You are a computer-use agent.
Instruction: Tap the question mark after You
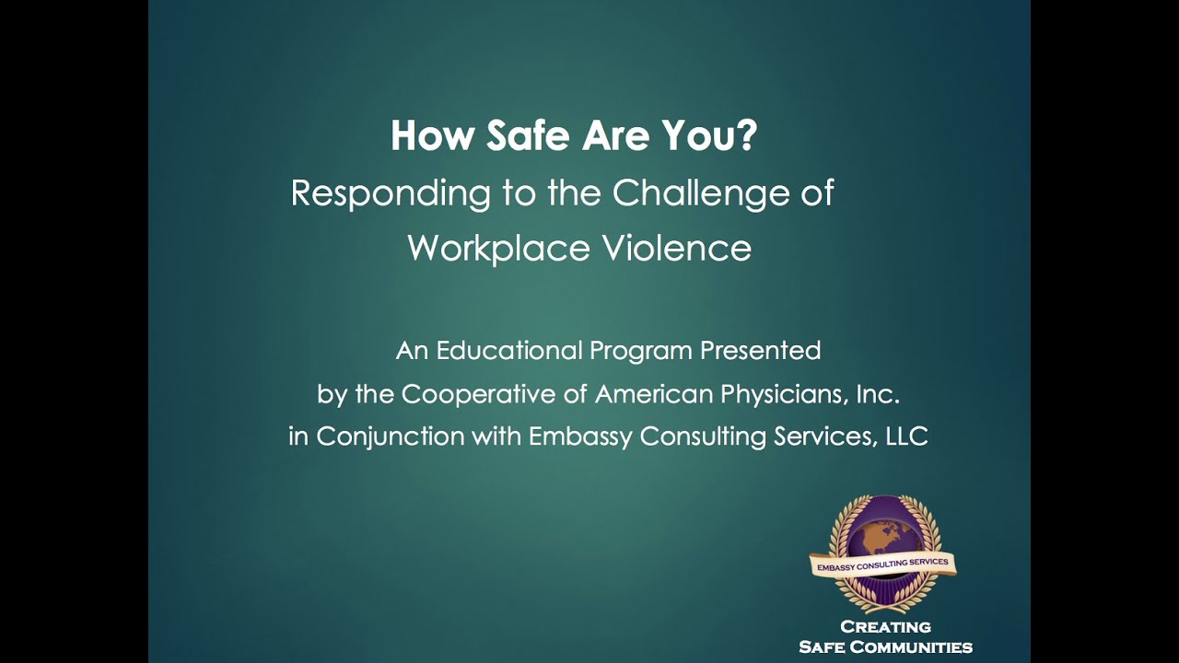[x=747, y=136]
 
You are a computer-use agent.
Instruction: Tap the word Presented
[x=760, y=351]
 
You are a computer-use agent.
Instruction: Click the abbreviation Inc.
[x=877, y=394]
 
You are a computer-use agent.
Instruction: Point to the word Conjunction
[x=391, y=436]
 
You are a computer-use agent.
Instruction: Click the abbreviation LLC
[x=906, y=436]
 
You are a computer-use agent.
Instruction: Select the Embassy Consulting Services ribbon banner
[x=882, y=564]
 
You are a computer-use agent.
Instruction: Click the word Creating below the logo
[x=886, y=627]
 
